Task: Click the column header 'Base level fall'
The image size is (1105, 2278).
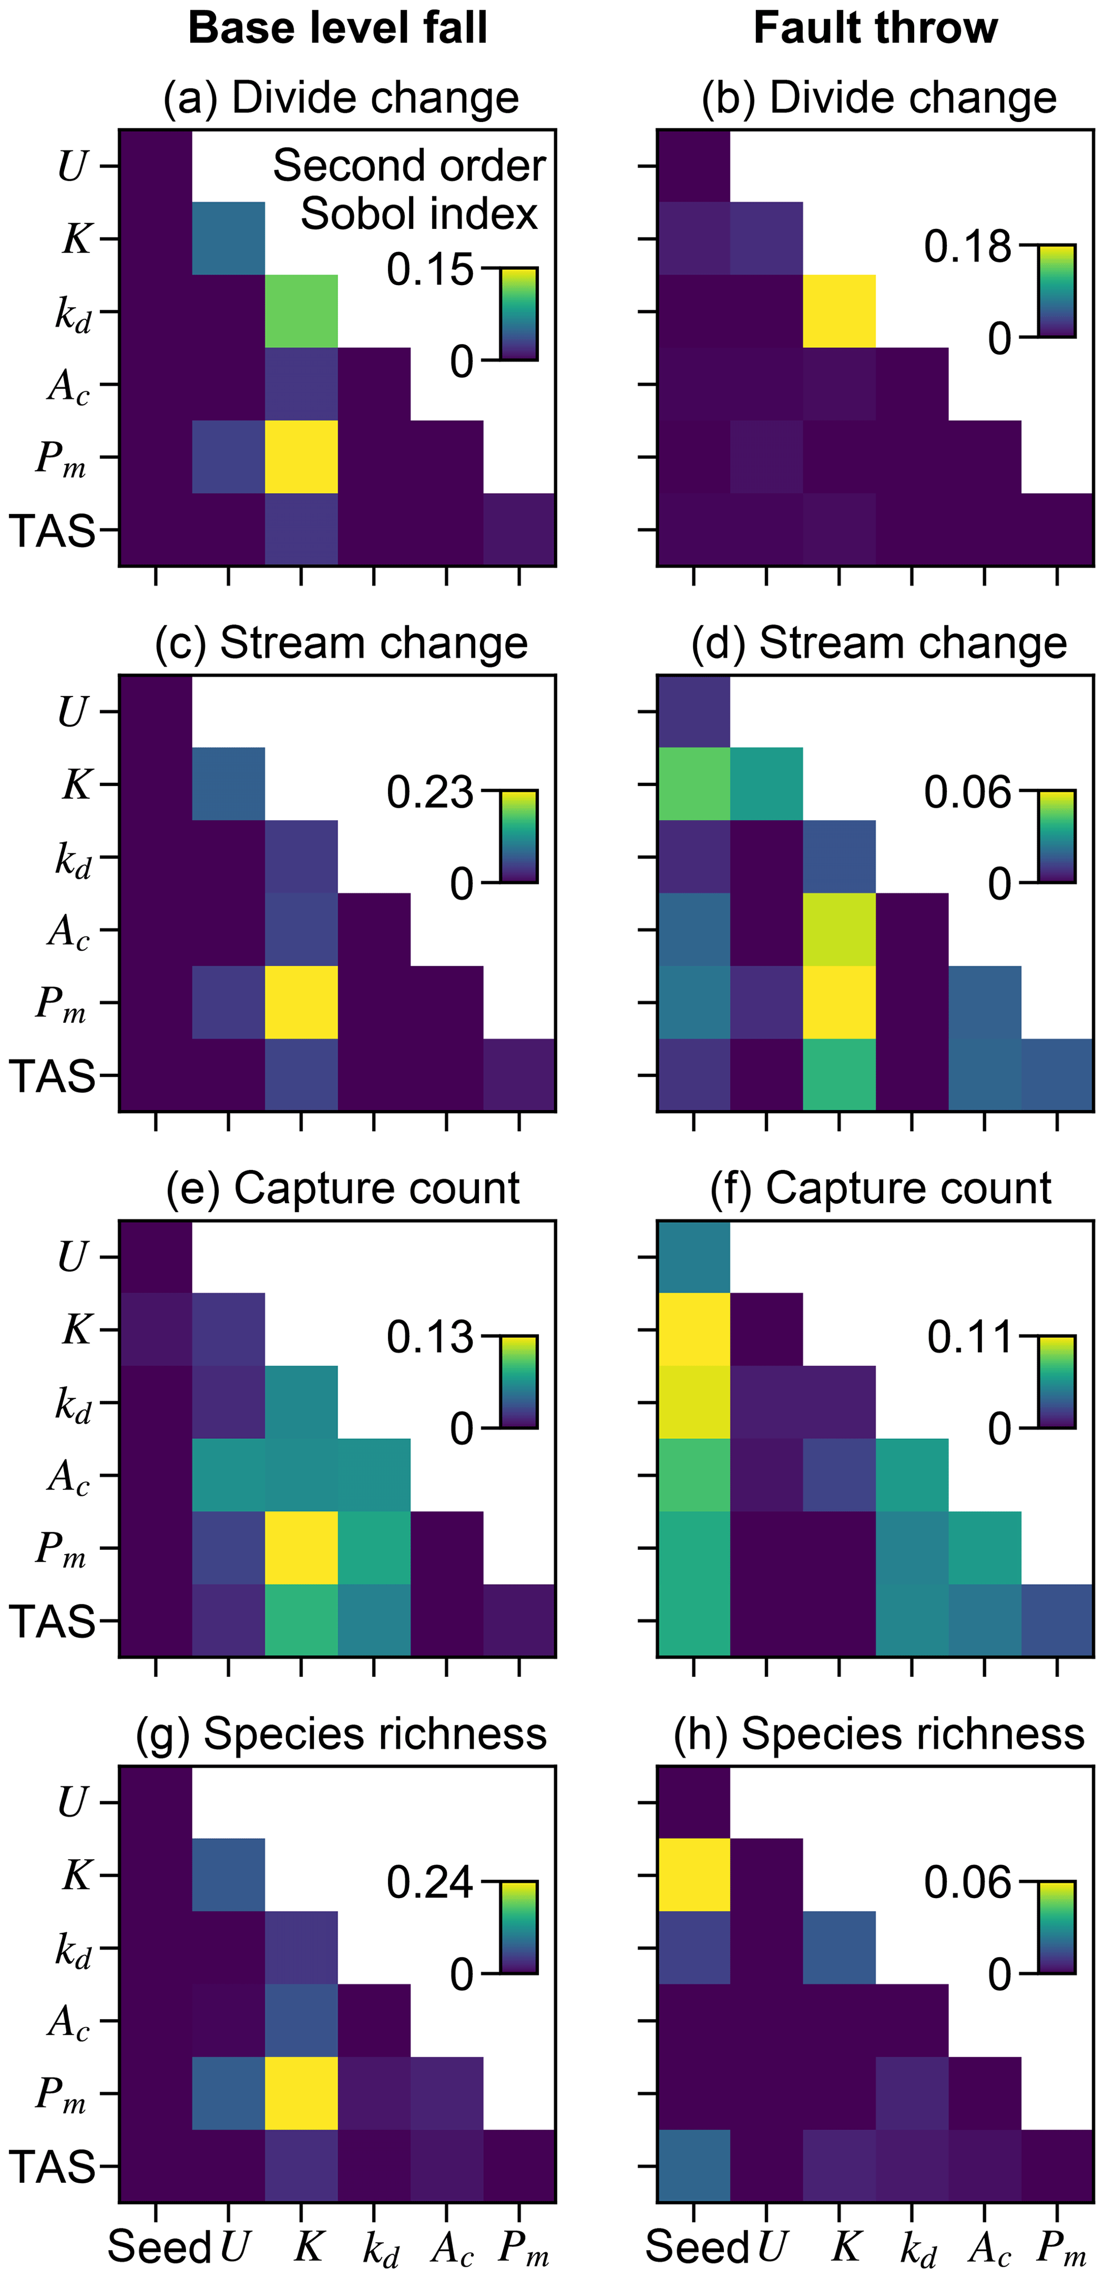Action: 338,28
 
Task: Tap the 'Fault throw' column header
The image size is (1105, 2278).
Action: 875,28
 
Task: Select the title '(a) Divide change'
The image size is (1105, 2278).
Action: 341,98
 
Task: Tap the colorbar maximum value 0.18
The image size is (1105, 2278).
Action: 967,247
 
